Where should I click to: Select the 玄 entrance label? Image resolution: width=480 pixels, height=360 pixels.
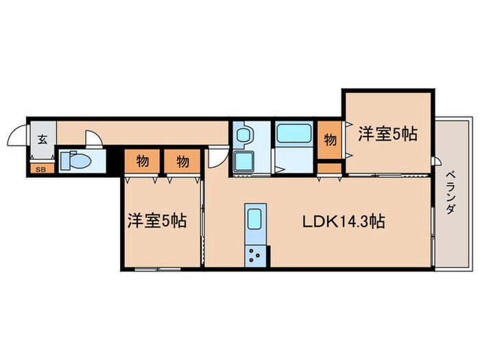tap(42, 140)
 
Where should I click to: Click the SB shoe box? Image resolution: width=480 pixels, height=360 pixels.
tap(40, 167)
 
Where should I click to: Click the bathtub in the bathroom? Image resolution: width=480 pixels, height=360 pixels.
tap(294, 133)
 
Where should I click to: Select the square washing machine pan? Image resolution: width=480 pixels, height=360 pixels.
tap(242, 161)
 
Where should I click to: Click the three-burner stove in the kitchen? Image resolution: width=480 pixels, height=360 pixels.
tap(255, 256)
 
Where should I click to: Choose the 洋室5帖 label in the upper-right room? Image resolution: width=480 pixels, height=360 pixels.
tap(387, 134)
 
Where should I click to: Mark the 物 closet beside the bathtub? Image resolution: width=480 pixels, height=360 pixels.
tap(330, 140)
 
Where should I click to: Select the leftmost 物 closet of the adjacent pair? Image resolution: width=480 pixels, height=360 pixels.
tap(143, 162)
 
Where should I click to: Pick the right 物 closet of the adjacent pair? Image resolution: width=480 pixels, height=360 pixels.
tap(182, 162)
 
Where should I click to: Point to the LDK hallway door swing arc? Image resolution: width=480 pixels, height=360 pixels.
tap(215, 157)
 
